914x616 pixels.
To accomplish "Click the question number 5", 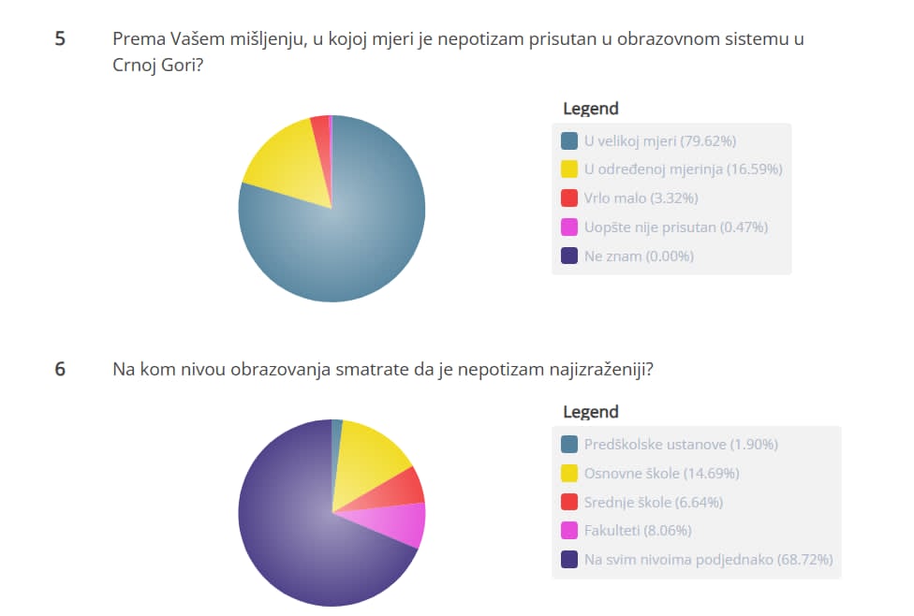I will (x=60, y=40).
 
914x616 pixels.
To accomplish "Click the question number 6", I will (x=60, y=369).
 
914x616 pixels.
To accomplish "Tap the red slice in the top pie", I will (x=321, y=128).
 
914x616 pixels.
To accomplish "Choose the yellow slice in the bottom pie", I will (x=369, y=454).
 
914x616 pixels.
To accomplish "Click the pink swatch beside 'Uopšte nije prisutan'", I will (x=568, y=227).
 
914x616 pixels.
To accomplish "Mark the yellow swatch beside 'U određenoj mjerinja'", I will (x=568, y=169).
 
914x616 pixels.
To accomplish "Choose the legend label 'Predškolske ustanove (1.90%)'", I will (x=681, y=445).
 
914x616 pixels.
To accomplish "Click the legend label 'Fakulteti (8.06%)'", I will (x=638, y=531).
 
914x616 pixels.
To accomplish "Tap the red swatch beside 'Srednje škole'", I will (x=568, y=503).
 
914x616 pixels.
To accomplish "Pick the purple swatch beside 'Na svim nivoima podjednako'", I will (x=568, y=560).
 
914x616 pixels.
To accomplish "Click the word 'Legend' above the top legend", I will (x=590, y=109).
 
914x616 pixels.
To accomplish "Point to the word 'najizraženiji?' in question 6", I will (x=598, y=369).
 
